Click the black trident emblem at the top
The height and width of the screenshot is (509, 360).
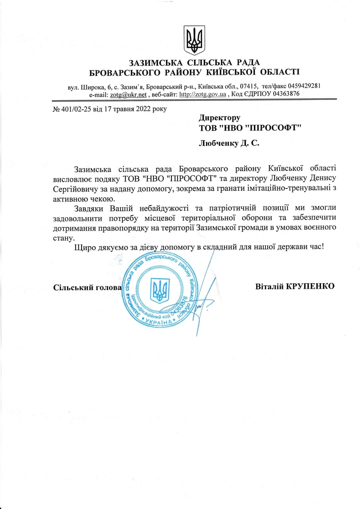194,40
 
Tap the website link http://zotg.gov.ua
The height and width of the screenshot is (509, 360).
203,95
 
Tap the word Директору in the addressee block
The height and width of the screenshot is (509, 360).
220,118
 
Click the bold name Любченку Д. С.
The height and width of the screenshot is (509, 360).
229,143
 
